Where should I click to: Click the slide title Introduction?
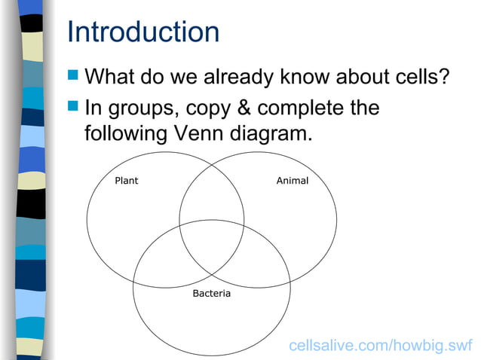[143, 32]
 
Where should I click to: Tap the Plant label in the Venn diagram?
[126, 181]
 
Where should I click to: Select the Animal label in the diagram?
[292, 181]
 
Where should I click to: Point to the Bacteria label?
[211, 292]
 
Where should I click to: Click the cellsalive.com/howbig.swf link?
[381, 346]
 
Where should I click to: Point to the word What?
[113, 77]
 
